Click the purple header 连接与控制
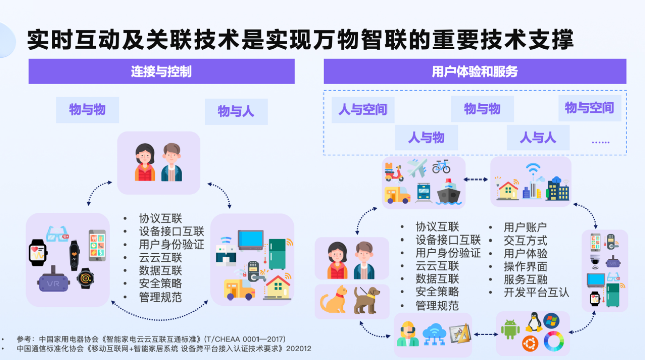(x=161, y=72)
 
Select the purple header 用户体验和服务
(x=475, y=72)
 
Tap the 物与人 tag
(x=236, y=111)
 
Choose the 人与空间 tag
(x=363, y=110)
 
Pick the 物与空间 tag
(x=590, y=108)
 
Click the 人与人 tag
(x=538, y=137)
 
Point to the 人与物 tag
(x=426, y=137)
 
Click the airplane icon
(x=417, y=168)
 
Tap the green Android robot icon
(x=510, y=329)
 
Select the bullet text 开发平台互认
(x=536, y=292)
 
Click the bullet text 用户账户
(x=525, y=227)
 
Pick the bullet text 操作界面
(x=525, y=266)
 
